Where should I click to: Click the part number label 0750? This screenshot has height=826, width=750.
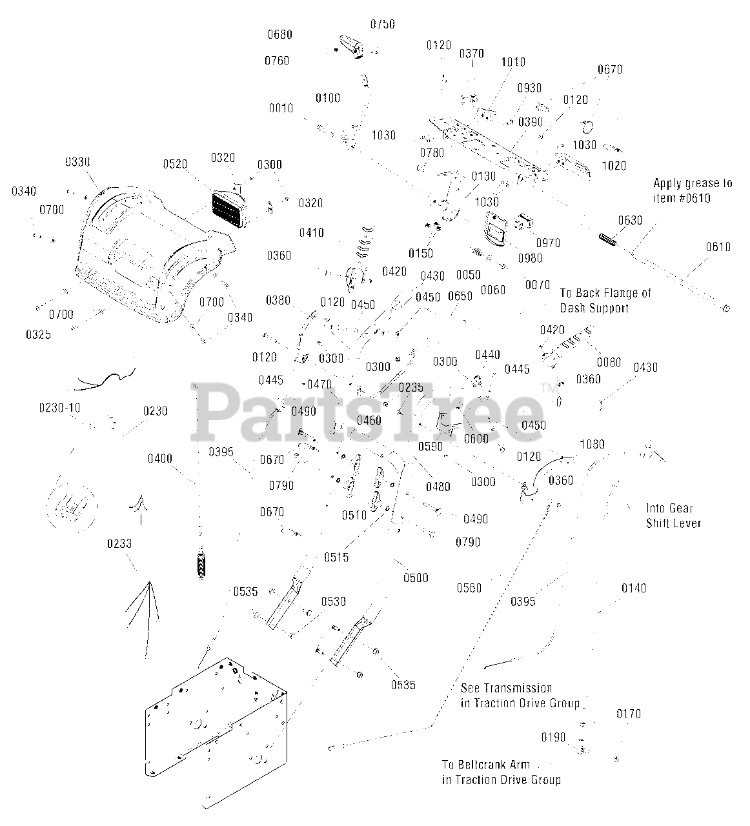[x=382, y=25]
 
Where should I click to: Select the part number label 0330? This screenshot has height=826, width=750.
[x=77, y=162]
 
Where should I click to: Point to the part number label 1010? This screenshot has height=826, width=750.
[x=513, y=63]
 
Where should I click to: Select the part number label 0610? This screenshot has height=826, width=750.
[x=718, y=247]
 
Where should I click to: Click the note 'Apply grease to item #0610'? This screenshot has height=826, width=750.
[x=693, y=190]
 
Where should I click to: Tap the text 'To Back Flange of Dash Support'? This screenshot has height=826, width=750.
[x=605, y=301]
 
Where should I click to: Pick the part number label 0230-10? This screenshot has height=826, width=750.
[x=59, y=408]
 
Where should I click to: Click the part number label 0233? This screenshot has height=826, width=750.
[x=119, y=544]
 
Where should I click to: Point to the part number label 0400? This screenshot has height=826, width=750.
[x=159, y=459]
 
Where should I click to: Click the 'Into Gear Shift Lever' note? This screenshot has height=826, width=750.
[x=673, y=515]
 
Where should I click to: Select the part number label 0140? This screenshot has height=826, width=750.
[x=633, y=589]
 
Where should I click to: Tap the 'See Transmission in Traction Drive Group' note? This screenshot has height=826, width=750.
[x=520, y=696]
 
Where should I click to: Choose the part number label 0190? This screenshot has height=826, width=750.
[x=553, y=738]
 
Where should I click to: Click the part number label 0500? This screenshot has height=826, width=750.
[x=416, y=578]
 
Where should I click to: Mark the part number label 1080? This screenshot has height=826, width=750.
[x=593, y=445]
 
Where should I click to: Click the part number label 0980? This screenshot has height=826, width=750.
[x=529, y=259]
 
